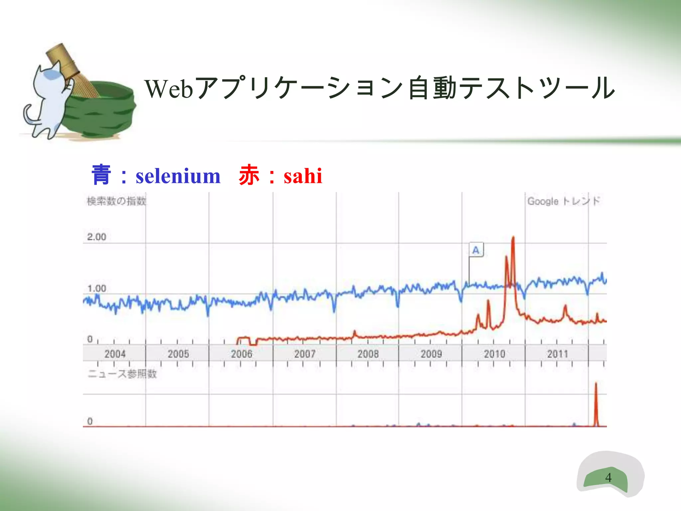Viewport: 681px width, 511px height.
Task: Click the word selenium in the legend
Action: tap(178, 176)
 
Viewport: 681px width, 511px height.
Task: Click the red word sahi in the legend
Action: tap(303, 176)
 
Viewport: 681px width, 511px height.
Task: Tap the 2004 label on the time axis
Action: tap(115, 354)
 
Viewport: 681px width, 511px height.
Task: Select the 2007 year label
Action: tap(305, 354)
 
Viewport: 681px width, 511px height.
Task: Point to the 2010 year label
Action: tap(494, 354)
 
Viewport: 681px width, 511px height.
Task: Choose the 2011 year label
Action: tap(558, 354)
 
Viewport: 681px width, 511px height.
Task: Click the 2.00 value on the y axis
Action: tap(96, 237)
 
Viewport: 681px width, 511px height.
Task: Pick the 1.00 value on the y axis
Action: tap(96, 288)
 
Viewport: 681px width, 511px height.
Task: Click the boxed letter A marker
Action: tap(476, 250)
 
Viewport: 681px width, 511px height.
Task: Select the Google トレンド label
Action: tap(564, 201)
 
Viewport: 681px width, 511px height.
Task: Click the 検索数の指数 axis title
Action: tap(116, 201)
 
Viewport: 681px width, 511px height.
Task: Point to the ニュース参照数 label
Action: tap(122, 374)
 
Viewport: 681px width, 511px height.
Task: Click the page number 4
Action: tap(608, 477)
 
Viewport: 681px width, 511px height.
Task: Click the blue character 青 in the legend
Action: tap(101, 175)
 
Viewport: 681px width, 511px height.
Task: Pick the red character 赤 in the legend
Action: tap(249, 175)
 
